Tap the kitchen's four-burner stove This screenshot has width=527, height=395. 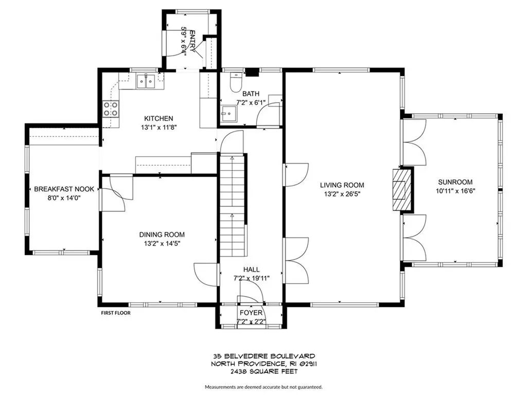pos(111,109)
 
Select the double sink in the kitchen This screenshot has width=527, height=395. pos(146,81)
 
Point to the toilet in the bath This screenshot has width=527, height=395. pos(236,81)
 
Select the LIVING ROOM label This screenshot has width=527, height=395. pos(342,185)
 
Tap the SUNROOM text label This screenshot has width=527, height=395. pos(455,182)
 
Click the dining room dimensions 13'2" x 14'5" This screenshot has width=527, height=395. pos(162,243)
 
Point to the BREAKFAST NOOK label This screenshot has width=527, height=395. pos(64,189)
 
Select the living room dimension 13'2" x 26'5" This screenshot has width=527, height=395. pos(342,194)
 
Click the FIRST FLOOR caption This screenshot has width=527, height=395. pos(115,312)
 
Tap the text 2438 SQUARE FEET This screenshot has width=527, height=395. pos(264,371)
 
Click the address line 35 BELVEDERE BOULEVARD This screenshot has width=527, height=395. pos(264,356)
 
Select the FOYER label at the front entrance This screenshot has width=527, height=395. pos(251,313)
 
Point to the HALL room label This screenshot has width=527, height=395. pos(251,270)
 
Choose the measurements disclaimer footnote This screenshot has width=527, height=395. pos(263,387)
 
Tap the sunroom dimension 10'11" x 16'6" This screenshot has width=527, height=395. pos(455,191)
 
